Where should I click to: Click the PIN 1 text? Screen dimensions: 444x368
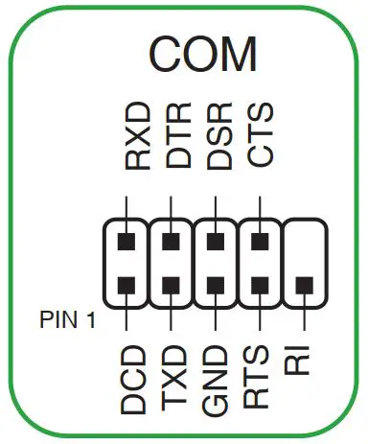coord(68,317)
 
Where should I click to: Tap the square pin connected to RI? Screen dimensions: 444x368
coord(303,285)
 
